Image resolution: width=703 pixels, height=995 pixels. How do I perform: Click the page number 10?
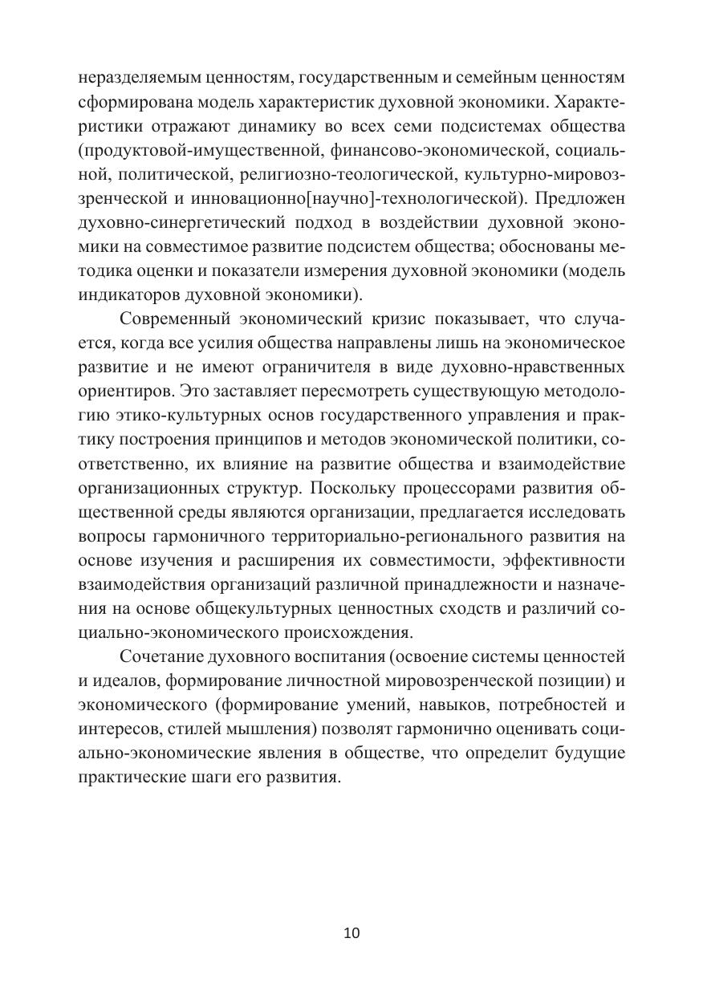[351, 932]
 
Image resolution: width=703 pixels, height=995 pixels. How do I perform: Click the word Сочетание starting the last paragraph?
[159, 656]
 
